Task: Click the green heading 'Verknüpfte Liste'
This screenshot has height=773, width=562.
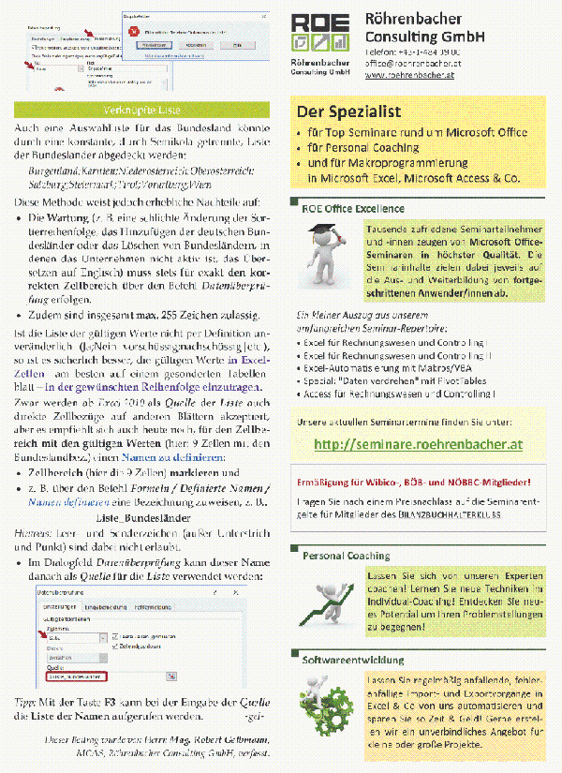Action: (145, 110)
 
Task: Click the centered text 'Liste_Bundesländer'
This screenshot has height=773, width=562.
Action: (140, 517)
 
